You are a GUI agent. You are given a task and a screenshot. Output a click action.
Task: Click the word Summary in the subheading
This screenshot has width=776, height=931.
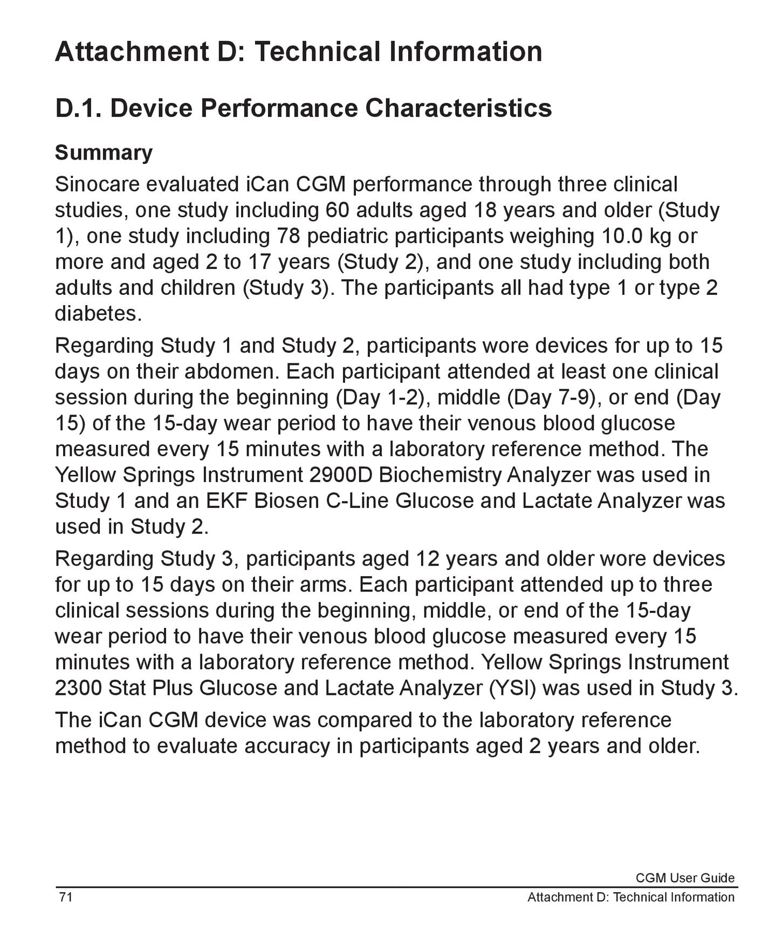point(104,153)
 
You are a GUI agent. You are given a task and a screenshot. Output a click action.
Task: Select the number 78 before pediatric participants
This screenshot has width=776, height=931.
point(288,236)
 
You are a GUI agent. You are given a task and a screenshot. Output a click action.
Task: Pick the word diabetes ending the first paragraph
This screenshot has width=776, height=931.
point(98,314)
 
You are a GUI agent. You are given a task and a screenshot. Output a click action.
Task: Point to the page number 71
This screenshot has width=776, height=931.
point(66,897)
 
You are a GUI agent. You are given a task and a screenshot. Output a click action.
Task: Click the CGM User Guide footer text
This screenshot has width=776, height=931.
point(685,878)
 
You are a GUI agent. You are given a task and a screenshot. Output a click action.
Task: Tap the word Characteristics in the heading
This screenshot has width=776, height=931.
point(458,108)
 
